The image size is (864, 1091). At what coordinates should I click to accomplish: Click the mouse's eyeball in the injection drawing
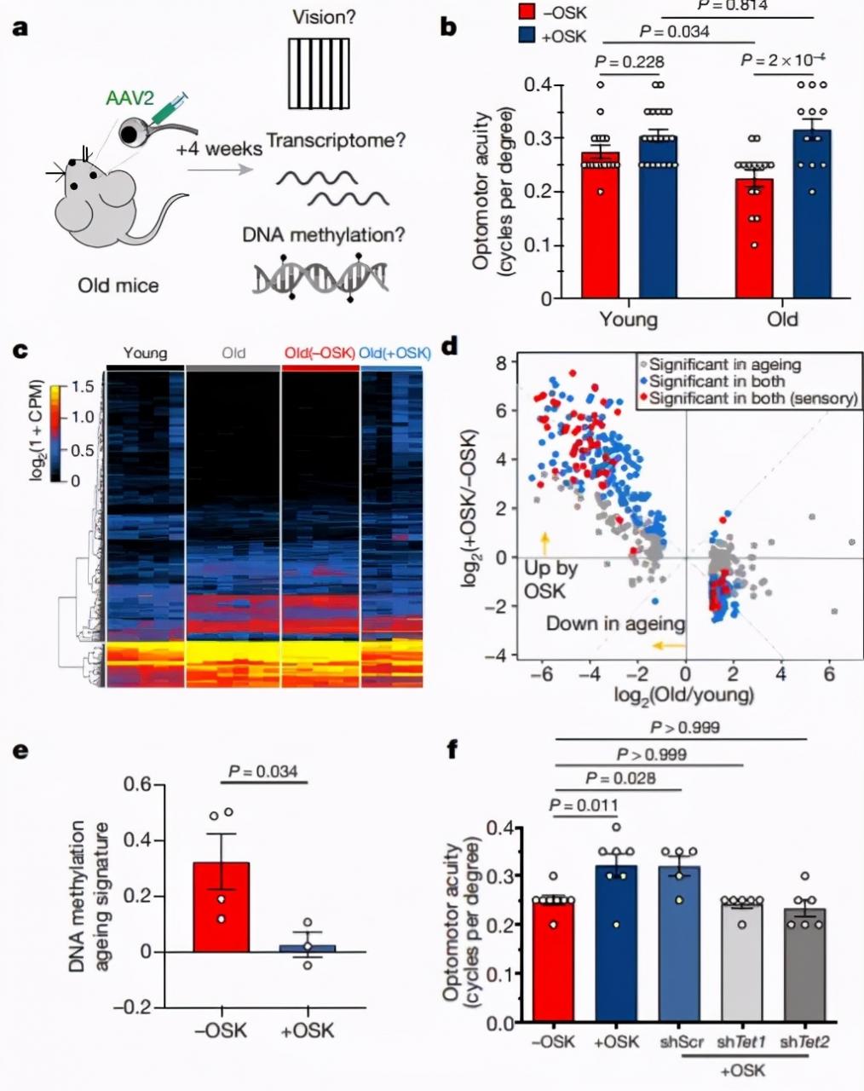coord(131,132)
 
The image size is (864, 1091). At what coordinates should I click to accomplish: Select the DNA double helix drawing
coord(319,277)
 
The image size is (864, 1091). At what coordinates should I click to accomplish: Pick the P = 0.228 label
coord(629,62)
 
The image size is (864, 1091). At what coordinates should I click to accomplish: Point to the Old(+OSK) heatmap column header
coord(395,352)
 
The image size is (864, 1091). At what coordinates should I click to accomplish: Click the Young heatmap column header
coord(145,352)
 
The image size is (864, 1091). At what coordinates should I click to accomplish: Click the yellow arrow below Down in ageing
coord(669,645)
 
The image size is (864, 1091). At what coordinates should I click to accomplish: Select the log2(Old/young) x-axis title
coord(684,694)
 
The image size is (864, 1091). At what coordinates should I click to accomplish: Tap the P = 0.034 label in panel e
coord(262,772)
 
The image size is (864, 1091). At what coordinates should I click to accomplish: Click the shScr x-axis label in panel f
coord(680,1042)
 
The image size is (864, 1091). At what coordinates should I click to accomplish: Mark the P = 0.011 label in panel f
coord(585,805)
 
